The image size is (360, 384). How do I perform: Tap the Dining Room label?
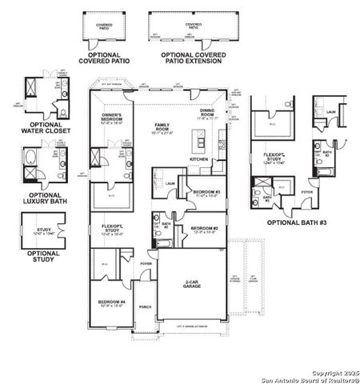click(x=206, y=113)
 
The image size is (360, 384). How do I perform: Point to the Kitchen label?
click(x=198, y=159)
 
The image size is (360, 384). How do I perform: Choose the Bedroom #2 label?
click(x=205, y=230)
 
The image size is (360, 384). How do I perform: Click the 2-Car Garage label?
click(x=191, y=285)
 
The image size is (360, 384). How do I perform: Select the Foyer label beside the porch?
click(x=146, y=262)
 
